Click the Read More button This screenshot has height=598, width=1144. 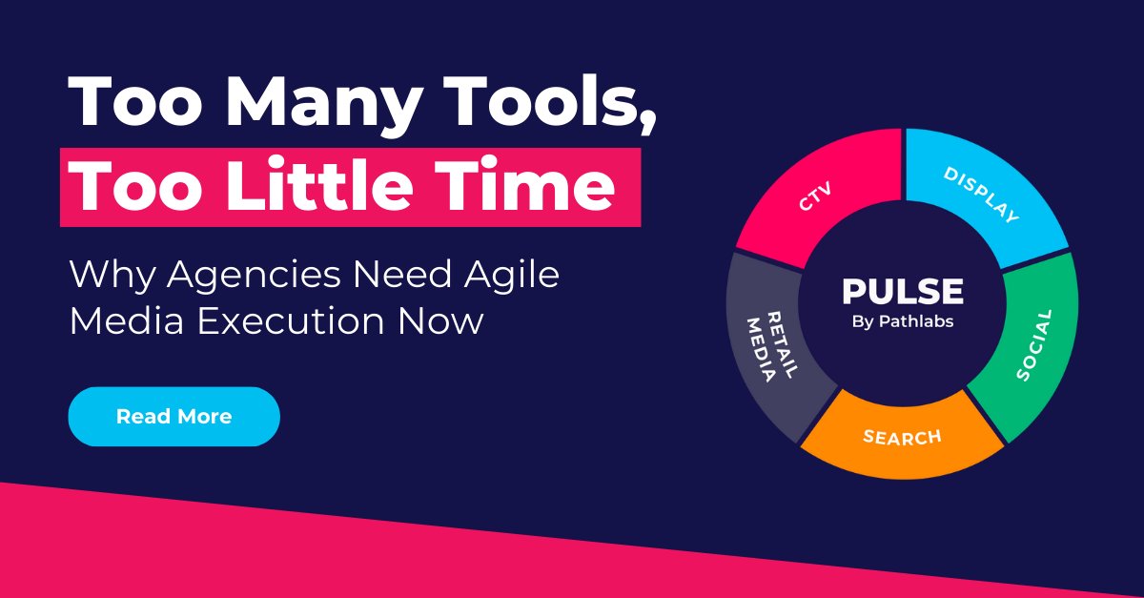tap(174, 417)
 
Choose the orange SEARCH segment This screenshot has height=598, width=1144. tap(901, 438)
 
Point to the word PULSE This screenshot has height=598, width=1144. tap(902, 292)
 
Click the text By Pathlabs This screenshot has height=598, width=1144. tap(902, 321)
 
